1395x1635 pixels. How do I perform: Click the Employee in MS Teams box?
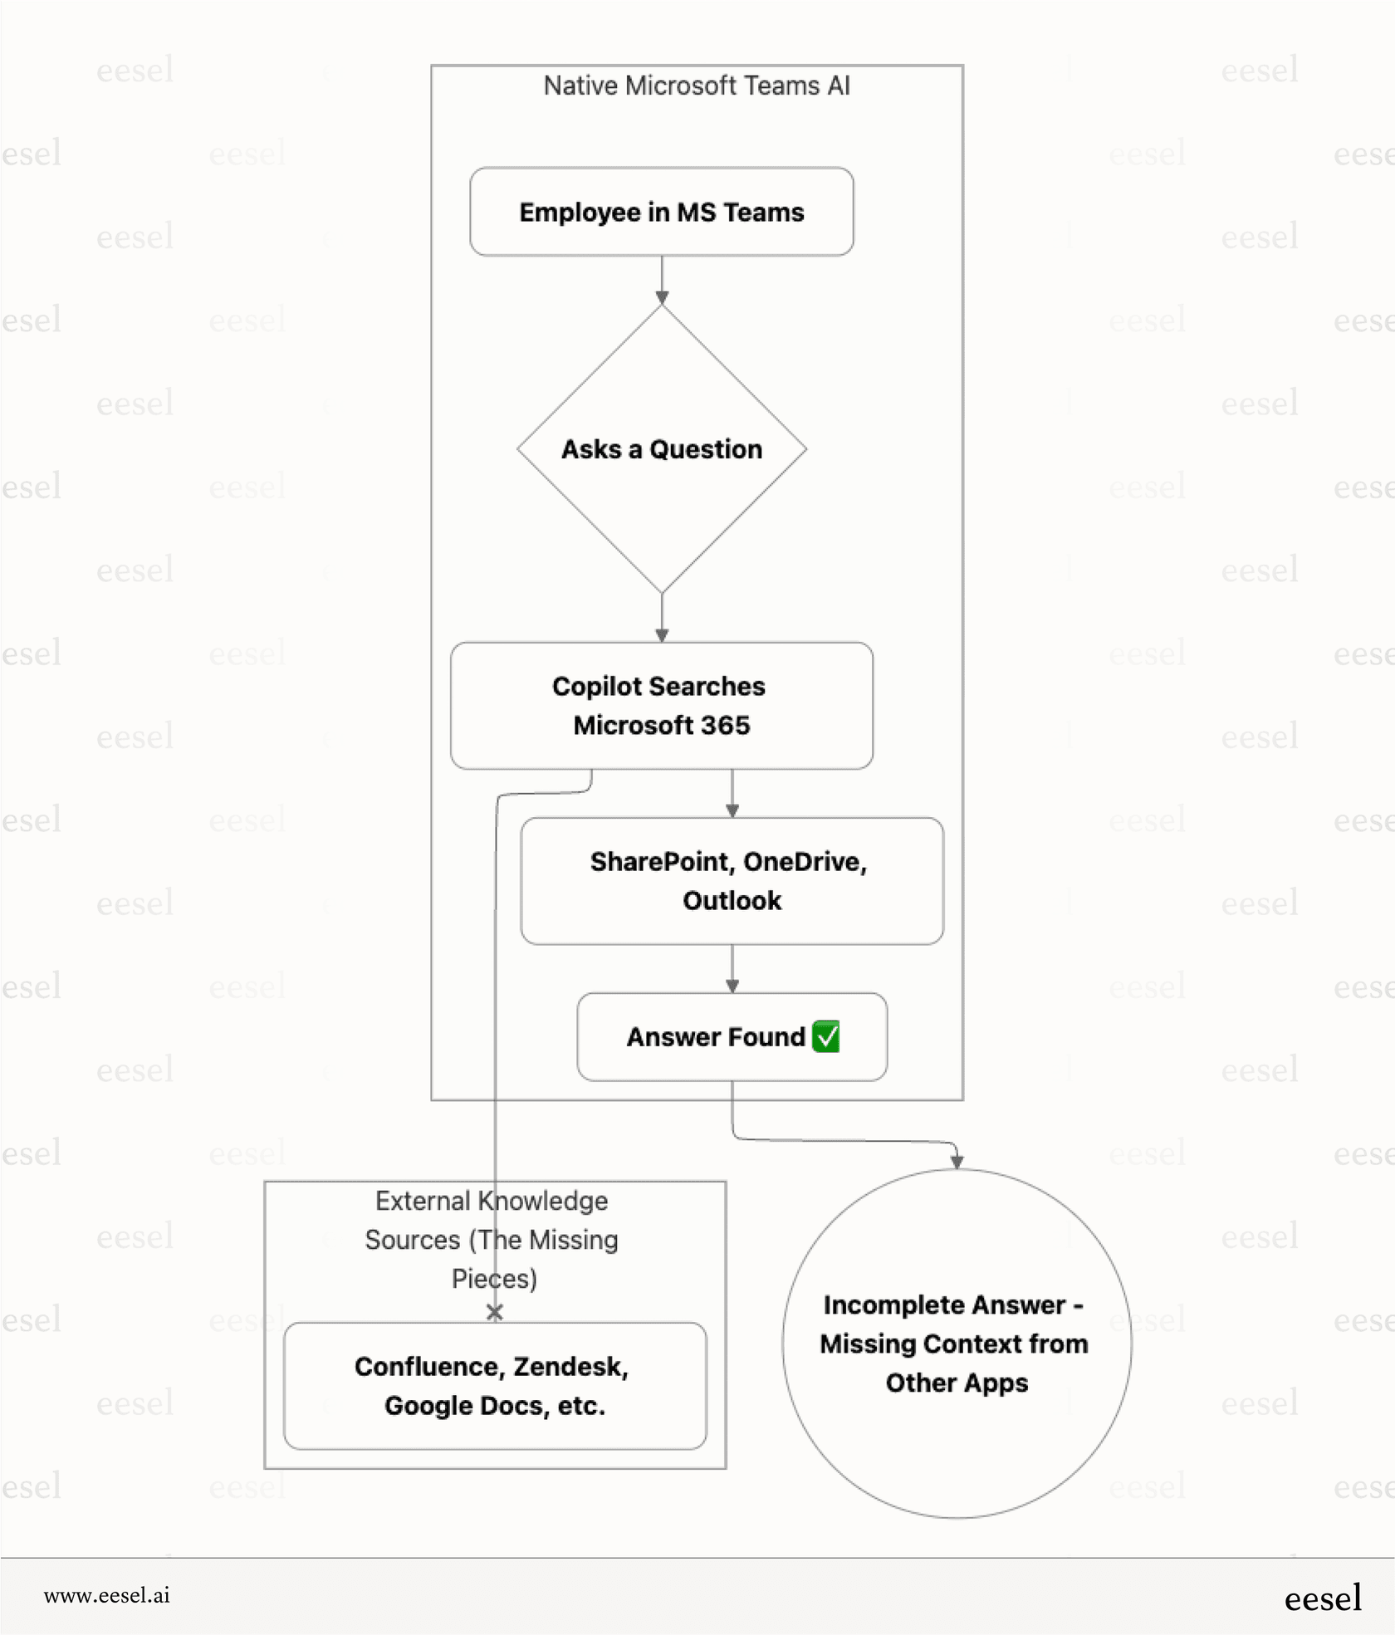point(661,212)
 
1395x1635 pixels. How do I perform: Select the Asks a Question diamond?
point(661,449)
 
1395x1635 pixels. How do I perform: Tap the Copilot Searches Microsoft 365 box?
point(661,705)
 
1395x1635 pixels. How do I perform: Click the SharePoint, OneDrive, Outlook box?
point(732,880)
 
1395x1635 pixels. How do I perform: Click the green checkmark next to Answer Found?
point(826,1036)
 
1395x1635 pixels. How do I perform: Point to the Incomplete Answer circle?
point(956,1343)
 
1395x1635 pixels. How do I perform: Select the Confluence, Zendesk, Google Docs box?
point(495,1385)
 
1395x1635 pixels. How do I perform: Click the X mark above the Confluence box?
point(495,1312)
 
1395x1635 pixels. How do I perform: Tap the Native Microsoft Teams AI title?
point(696,86)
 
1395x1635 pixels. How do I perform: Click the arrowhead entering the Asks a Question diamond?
point(662,298)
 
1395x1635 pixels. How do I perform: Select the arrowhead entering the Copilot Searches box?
point(662,635)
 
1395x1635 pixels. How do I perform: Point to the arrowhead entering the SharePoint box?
point(732,810)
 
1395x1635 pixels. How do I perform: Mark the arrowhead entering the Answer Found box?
point(732,986)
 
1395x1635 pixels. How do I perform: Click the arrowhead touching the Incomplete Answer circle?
point(957,1161)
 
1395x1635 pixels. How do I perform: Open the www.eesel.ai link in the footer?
point(106,1595)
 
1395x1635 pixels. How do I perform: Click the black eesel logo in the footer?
point(1322,1598)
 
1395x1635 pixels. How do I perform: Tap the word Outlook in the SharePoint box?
point(732,901)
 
